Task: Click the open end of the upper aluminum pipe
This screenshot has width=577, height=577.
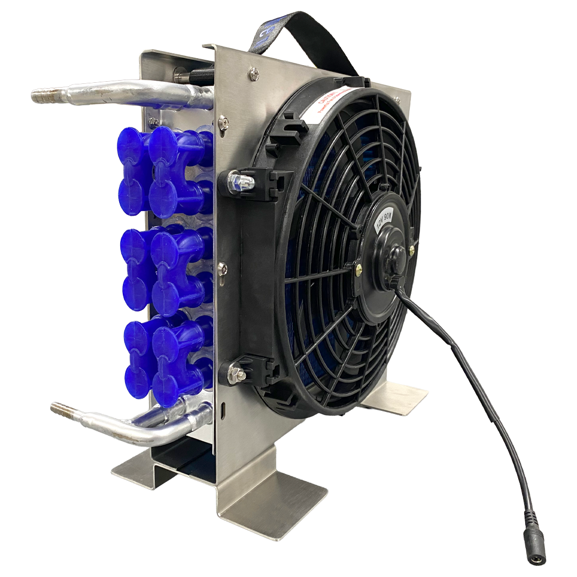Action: point(37,97)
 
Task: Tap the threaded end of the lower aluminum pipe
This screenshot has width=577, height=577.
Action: point(59,409)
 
